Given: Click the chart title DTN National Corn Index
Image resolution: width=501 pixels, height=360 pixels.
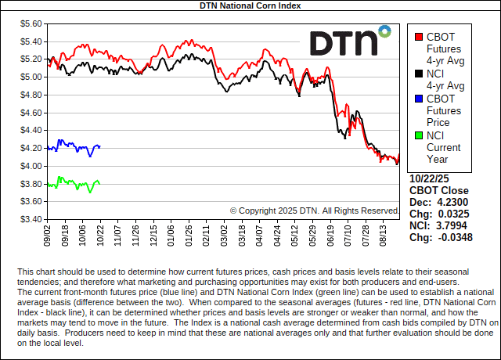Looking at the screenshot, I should click(x=250, y=5).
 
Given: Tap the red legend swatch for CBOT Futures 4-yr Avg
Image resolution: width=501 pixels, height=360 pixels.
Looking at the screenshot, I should click(x=419, y=37).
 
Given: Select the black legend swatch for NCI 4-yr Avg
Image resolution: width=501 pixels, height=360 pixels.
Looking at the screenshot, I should click(x=419, y=74).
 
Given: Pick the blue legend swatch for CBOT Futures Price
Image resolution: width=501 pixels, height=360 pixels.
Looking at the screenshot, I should click(x=419, y=99).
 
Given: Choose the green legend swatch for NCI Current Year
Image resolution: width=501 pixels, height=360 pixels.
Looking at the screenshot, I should click(x=419, y=135).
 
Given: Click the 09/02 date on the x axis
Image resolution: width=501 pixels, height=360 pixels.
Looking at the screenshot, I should click(x=49, y=235).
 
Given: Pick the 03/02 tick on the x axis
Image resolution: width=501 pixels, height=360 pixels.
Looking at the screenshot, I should click(x=225, y=235).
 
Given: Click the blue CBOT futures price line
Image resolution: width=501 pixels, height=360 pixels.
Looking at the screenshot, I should click(x=70, y=146).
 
